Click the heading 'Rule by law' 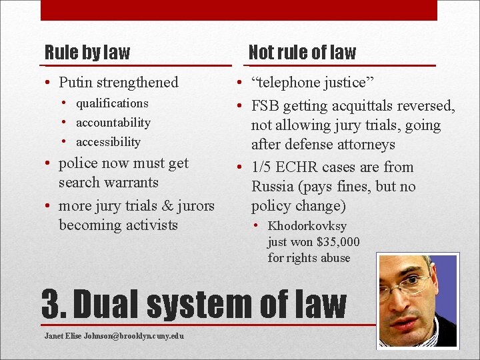[87, 52]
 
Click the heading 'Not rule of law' [302, 52]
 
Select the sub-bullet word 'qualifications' [112, 103]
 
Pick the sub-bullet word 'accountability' [113, 123]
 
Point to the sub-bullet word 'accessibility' [108, 142]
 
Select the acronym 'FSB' [267, 106]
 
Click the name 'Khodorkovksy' [307, 227]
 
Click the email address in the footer [114, 335]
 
